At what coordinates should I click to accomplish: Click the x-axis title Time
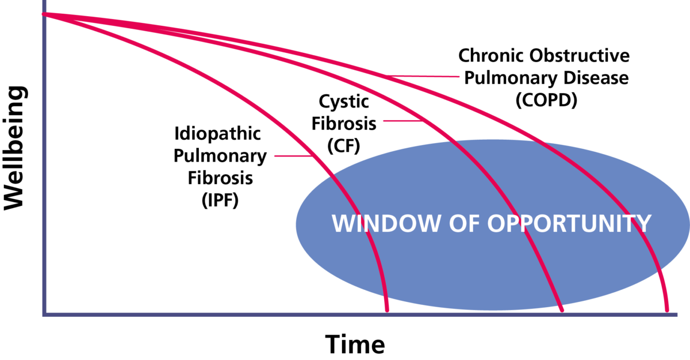tap(355, 344)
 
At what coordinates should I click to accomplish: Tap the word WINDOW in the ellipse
tap(386, 223)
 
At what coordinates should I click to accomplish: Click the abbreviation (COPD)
tap(546, 100)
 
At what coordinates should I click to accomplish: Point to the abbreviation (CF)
tap(343, 145)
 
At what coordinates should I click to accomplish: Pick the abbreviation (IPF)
tap(220, 200)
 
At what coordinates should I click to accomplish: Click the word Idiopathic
tap(217, 134)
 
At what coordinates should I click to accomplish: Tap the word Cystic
tap(344, 102)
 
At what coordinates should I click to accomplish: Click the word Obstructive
tap(580, 55)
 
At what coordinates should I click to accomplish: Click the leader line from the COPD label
tap(423, 76)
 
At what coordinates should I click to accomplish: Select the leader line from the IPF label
tap(294, 156)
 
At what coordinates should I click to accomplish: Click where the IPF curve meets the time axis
tap(387, 311)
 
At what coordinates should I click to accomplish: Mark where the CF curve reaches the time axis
tap(562, 311)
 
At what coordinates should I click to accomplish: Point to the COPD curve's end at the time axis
tap(667, 311)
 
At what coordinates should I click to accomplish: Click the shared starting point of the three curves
tap(44, 14)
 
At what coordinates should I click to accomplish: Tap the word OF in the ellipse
tap(464, 223)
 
